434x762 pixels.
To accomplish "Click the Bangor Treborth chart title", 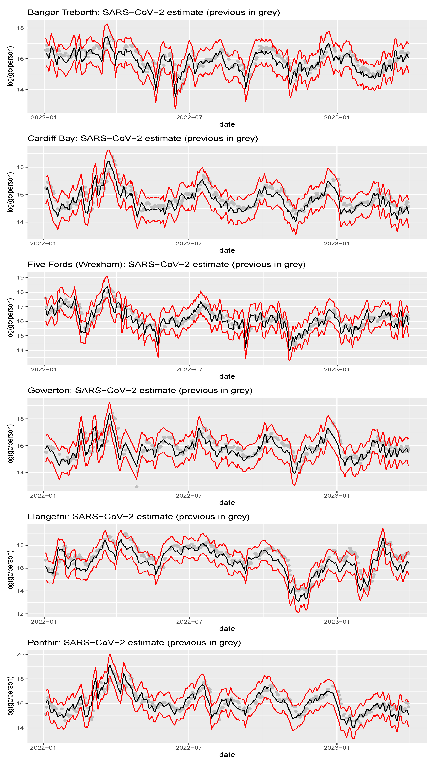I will (154, 13).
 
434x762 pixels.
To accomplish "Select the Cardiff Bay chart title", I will (143, 139).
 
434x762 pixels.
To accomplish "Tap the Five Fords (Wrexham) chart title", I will (166, 265).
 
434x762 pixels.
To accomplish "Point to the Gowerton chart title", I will (140, 391).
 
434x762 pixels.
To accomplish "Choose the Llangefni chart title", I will (138, 517).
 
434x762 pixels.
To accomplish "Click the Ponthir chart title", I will (134, 643).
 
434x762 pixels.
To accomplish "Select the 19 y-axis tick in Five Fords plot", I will (20, 278).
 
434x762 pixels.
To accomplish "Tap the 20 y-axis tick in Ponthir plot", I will (20, 654).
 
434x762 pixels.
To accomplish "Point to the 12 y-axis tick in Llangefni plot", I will (20, 614).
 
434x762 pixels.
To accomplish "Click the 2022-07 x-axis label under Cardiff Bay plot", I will (189, 244).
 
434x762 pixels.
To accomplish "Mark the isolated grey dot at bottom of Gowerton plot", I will (137, 487).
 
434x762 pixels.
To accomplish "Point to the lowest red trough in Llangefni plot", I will (299, 612).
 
